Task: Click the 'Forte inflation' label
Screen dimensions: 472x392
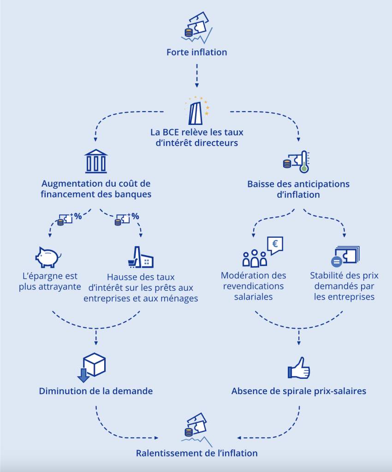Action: (x=196, y=52)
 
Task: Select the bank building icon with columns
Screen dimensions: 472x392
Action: (x=96, y=161)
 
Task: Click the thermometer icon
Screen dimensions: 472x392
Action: (x=303, y=162)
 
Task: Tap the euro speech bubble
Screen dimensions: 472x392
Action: (x=275, y=245)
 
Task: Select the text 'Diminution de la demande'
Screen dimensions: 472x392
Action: (x=96, y=391)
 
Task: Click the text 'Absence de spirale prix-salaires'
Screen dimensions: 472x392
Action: (x=299, y=391)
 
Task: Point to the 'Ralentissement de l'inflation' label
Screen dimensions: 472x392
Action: (x=196, y=453)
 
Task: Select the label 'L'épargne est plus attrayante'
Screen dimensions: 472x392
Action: (x=50, y=281)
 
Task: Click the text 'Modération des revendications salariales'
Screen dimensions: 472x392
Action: (x=254, y=286)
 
